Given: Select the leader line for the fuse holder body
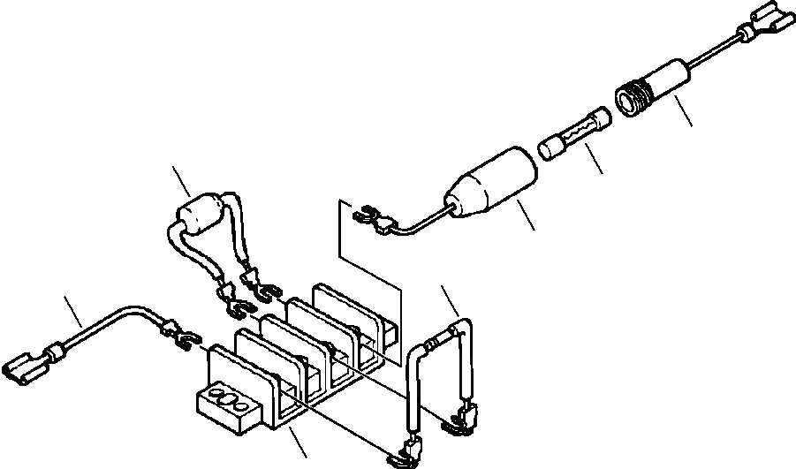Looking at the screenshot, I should pyautogui.click(x=526, y=216).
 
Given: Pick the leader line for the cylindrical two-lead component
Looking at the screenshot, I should pyautogui.click(x=181, y=181).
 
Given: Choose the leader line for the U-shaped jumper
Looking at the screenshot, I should pyautogui.click(x=451, y=303).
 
